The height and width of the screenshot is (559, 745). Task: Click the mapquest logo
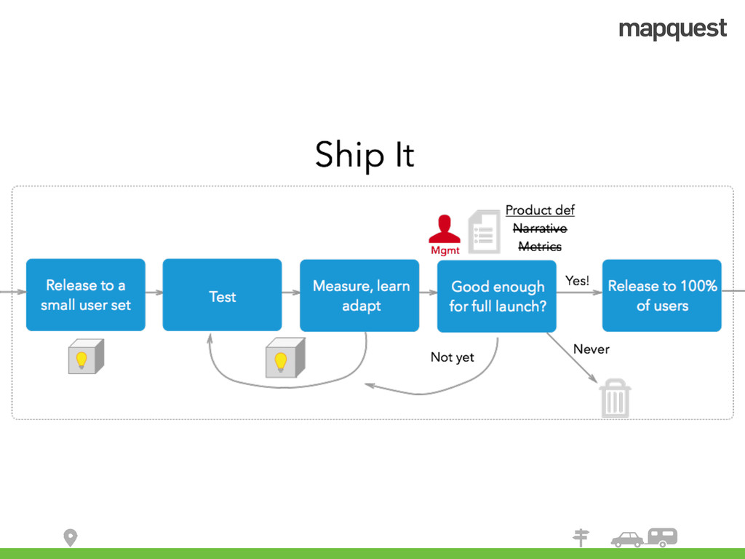672,29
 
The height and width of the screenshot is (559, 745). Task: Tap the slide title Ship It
364,155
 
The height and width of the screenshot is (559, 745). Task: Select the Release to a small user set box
86,295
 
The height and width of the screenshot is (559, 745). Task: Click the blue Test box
222,295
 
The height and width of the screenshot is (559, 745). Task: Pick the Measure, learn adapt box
361,295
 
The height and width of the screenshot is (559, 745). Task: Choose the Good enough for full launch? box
497,296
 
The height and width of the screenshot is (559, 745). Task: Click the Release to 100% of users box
661,295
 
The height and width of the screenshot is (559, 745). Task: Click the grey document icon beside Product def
484,231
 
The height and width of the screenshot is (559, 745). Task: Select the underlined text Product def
540,210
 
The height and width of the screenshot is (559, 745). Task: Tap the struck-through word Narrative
540,229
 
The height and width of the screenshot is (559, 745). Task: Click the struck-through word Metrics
540,247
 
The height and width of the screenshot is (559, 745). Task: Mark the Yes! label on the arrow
577,280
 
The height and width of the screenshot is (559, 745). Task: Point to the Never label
591,349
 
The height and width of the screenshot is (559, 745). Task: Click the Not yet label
452,357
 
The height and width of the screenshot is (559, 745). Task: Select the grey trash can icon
615,399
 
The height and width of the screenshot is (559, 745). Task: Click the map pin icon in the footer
70,538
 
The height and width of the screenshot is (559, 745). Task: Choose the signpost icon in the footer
581,538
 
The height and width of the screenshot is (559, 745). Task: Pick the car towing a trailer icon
645,538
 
